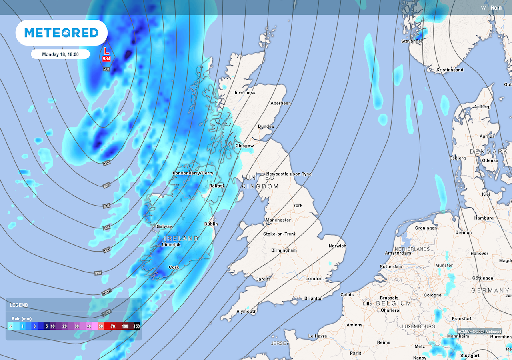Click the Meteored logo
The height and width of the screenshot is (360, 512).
(x=61, y=32)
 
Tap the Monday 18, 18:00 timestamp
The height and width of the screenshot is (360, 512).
(x=60, y=54)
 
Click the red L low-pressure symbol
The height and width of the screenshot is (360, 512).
(x=106, y=51)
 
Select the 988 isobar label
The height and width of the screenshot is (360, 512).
(x=106, y=163)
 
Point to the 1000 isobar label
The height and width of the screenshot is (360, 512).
(x=106, y=292)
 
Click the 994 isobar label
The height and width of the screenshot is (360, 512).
(x=106, y=228)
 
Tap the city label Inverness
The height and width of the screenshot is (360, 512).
(x=245, y=92)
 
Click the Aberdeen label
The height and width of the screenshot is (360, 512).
(x=280, y=103)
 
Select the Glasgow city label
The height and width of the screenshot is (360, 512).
(x=244, y=146)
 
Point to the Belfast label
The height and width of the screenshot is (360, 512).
(x=217, y=186)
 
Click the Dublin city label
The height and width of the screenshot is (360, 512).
(x=211, y=224)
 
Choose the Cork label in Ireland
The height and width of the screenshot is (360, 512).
(x=174, y=267)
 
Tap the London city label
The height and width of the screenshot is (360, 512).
(x=314, y=278)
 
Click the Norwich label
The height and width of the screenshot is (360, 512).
(x=337, y=246)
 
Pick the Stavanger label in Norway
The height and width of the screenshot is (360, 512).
(x=412, y=41)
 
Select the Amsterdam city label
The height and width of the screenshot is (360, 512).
(x=398, y=253)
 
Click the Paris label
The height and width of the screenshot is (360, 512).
(x=356, y=353)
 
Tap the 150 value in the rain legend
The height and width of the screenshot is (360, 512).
(x=137, y=326)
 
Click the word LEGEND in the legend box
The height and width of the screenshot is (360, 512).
(x=19, y=305)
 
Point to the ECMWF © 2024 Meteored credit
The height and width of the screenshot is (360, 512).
(x=480, y=332)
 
